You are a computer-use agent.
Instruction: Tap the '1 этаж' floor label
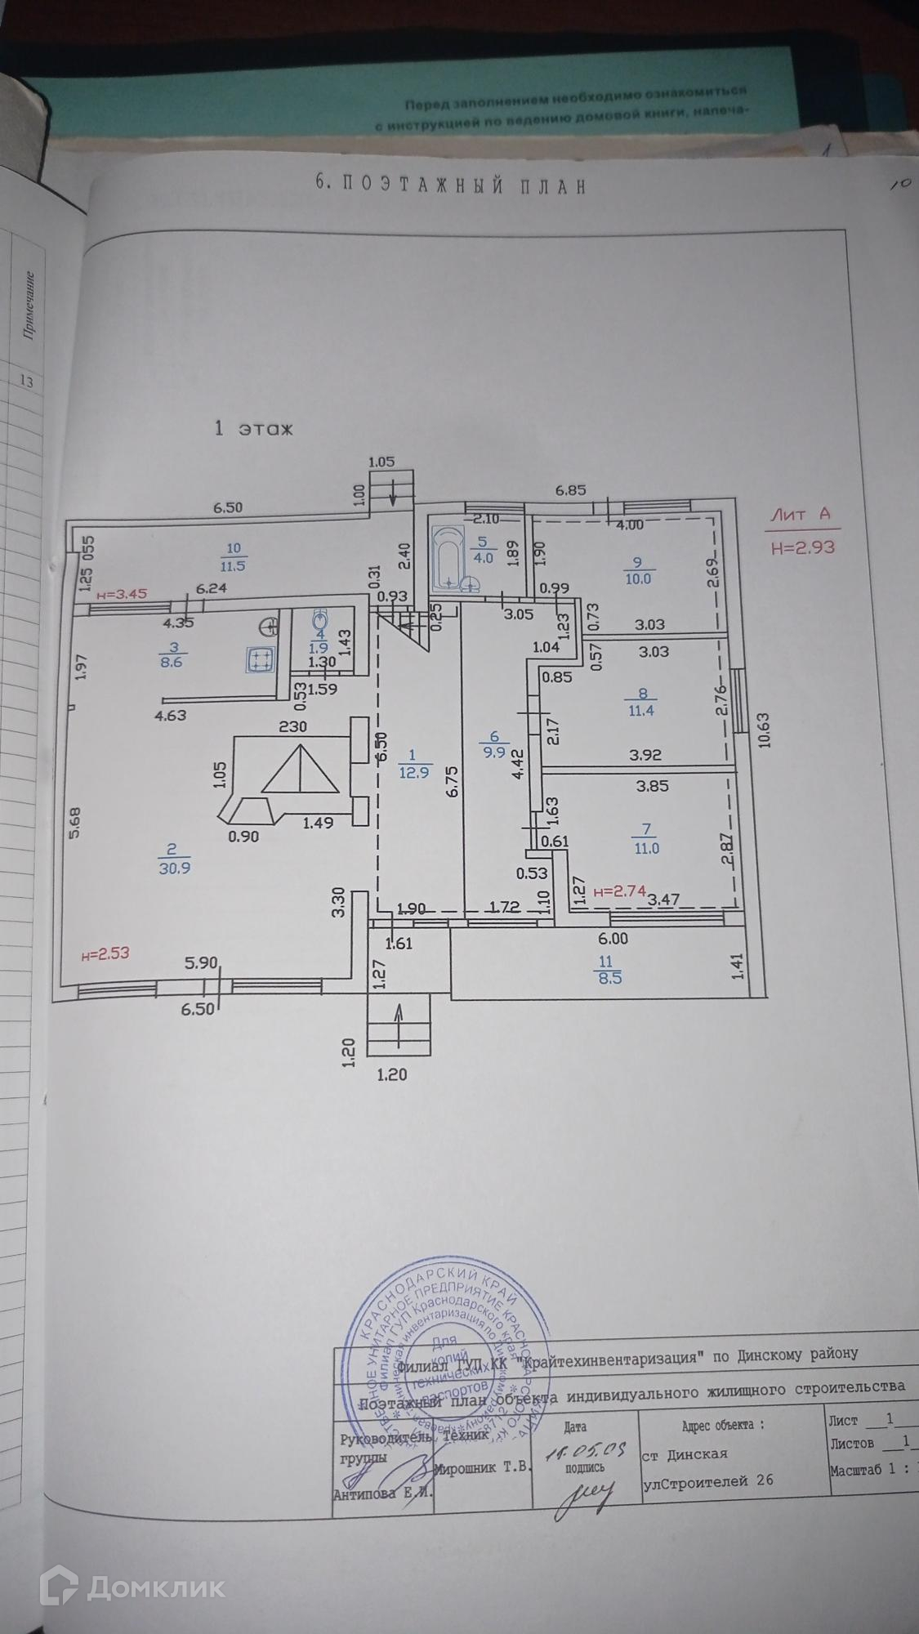[252, 428]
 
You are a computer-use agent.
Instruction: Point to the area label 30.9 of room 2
[175, 868]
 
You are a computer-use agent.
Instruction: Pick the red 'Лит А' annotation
[801, 515]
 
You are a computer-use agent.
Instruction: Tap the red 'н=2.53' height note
[105, 953]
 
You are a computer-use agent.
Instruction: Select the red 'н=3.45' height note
[121, 594]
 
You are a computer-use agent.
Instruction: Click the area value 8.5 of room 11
[610, 976]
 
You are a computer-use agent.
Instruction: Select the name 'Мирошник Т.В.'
[482, 1468]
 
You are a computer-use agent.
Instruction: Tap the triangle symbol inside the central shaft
[301, 772]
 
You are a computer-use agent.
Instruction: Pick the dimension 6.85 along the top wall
[572, 490]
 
